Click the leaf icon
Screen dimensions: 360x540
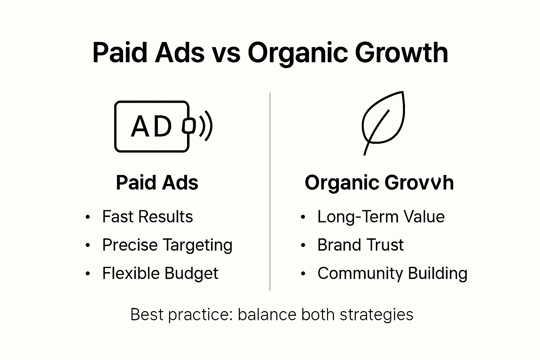pyautogui.click(x=383, y=121)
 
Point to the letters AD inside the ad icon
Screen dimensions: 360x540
pyautogui.click(x=152, y=127)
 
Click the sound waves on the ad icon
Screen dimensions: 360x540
pyautogui.click(x=206, y=126)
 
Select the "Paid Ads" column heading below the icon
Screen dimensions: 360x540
pyautogui.click(x=157, y=183)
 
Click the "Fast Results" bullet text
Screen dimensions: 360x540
pyautogui.click(x=147, y=217)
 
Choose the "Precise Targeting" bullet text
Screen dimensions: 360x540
pyautogui.click(x=167, y=245)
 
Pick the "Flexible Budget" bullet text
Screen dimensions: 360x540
pyautogui.click(x=160, y=274)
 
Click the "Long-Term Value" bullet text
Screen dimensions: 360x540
pyautogui.click(x=381, y=217)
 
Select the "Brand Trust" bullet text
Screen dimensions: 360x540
pyautogui.click(x=360, y=245)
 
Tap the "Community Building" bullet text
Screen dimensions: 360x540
pyautogui.click(x=392, y=274)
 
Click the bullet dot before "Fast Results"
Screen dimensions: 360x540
pyautogui.click(x=88, y=217)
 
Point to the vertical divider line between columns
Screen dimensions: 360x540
pyautogui.click(x=270, y=192)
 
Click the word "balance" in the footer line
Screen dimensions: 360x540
pyautogui.click(x=267, y=314)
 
